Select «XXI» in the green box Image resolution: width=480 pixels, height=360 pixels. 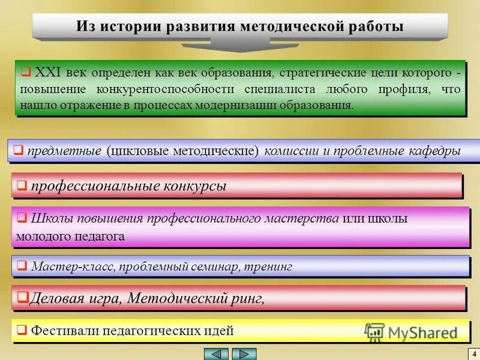point(46,73)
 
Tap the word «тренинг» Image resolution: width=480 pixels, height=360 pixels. point(269,266)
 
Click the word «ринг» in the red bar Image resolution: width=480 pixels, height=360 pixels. point(244,298)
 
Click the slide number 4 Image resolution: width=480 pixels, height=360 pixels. point(473,353)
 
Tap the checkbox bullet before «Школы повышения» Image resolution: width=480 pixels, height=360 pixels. point(22,217)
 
